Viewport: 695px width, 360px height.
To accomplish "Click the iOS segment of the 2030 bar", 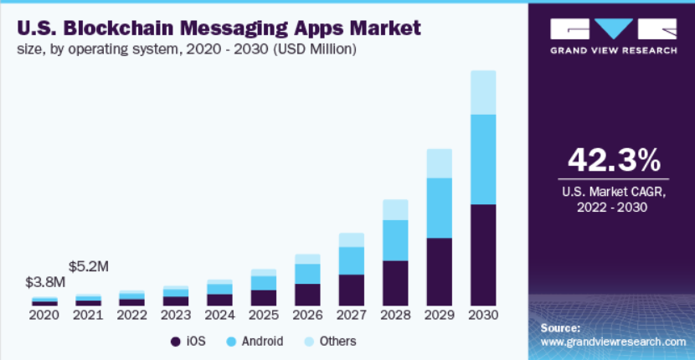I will pyautogui.click(x=483, y=255).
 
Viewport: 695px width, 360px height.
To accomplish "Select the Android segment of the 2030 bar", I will pyautogui.click(x=483, y=159).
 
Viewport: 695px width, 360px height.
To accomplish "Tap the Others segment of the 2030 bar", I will pyautogui.click(x=483, y=92).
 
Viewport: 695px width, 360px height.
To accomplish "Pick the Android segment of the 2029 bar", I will pyautogui.click(x=440, y=208).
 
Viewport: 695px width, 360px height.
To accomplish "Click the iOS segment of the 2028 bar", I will pyautogui.click(x=395, y=283).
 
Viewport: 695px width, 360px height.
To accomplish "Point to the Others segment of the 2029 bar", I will pyautogui.click(x=440, y=163).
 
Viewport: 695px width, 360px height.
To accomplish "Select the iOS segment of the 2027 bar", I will pyautogui.click(x=352, y=290).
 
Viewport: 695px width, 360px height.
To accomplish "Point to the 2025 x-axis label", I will pyautogui.click(x=263, y=316).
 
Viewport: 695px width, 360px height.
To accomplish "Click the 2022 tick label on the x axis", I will pyautogui.click(x=131, y=316).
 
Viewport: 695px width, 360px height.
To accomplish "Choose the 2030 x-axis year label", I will pyautogui.click(x=483, y=316).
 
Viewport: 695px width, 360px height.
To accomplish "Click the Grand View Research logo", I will pyautogui.click(x=614, y=35).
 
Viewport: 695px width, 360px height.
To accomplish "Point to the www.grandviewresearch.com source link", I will pyautogui.click(x=614, y=342).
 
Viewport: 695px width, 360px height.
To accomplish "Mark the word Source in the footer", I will pyautogui.click(x=561, y=327).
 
